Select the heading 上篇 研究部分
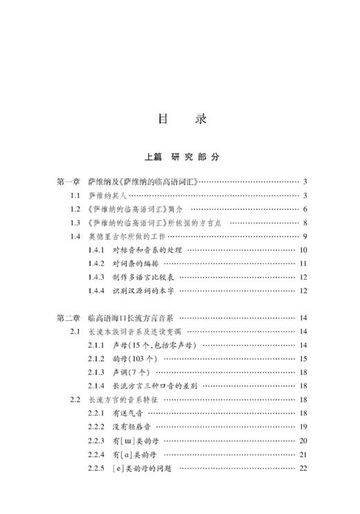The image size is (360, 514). (182, 157)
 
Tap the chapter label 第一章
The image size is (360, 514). (69, 182)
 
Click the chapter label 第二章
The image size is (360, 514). (69, 318)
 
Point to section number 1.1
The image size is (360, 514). (75, 196)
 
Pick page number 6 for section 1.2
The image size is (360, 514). (304, 209)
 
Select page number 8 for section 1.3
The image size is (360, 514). (304, 223)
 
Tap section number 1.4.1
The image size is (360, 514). (97, 250)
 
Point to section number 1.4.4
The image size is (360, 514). (97, 290)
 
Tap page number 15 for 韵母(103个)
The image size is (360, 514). (303, 358)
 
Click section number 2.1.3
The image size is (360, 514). (97, 372)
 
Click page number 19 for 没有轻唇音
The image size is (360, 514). (303, 427)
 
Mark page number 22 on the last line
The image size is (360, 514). (303, 468)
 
